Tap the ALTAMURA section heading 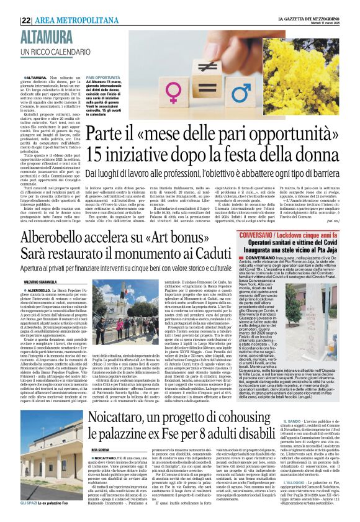47,38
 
